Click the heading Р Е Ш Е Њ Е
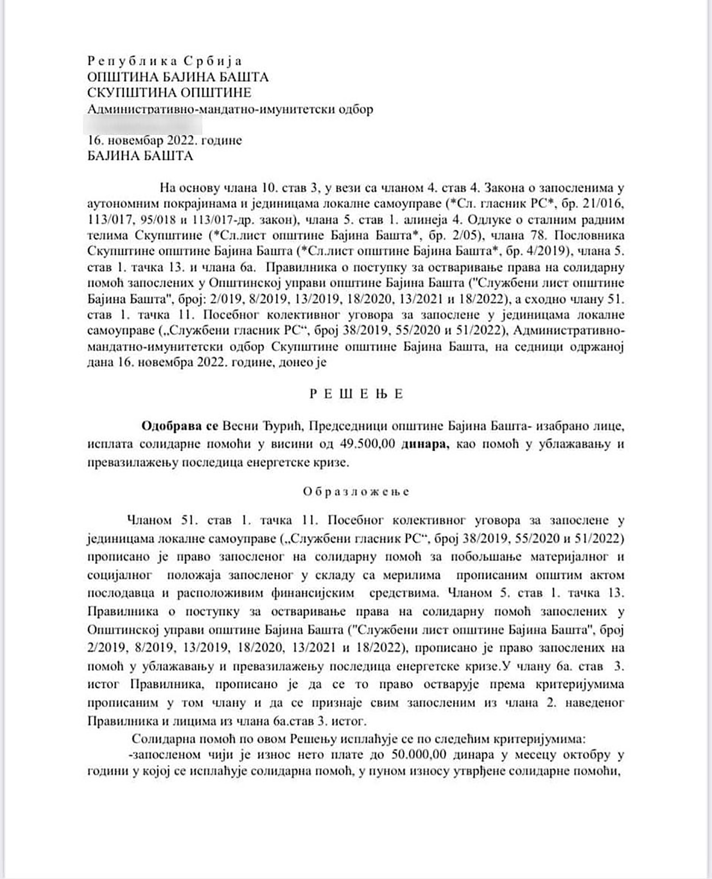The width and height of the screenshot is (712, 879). [356, 394]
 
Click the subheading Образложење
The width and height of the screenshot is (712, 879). [356, 492]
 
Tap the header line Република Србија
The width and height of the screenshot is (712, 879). [165, 61]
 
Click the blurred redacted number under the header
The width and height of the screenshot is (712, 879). [142, 125]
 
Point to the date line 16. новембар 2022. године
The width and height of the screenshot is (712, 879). [165, 140]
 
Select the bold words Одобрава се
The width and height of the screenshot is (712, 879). [180, 426]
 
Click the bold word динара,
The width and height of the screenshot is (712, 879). [425, 444]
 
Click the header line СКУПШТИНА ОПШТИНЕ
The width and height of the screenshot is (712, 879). [169, 93]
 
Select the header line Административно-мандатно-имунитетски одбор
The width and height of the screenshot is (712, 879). [230, 109]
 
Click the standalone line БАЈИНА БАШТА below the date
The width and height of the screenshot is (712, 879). [140, 156]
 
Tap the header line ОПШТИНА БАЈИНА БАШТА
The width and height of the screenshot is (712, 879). [178, 77]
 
